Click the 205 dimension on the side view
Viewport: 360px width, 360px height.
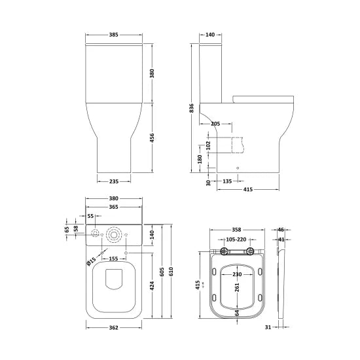point(216,123)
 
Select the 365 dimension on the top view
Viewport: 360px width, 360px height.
point(113,207)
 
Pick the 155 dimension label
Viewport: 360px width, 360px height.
point(113,259)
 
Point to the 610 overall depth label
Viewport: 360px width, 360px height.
point(171,272)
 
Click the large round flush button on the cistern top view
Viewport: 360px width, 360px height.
point(115,234)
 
